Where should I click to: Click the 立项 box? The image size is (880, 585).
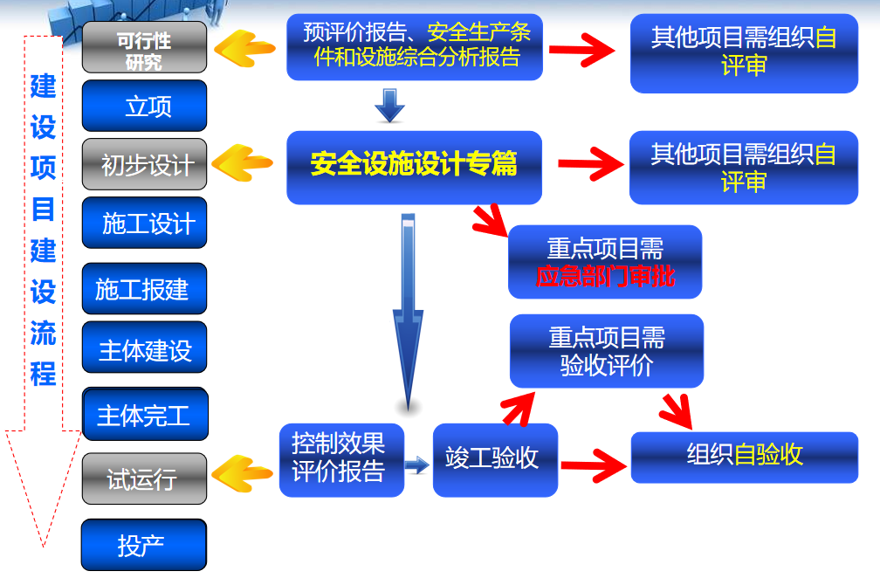pos(144,106)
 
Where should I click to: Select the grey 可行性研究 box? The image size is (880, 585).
pos(144,48)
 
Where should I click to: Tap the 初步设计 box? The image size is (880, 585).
pos(144,164)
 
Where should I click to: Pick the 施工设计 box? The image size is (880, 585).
pos(144,224)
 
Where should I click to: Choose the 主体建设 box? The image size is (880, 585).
pos(144,351)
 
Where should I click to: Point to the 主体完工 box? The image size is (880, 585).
pos(144,415)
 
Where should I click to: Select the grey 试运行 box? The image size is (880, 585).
pos(144,478)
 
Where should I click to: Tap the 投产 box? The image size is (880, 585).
pos(144,546)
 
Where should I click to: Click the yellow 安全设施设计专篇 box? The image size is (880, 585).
pos(414,166)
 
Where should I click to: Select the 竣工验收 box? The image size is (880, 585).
pos(495,459)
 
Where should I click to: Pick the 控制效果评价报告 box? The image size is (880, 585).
pos(341,459)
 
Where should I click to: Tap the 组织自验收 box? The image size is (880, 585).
pos(744,456)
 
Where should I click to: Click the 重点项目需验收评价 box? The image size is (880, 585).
pos(607,351)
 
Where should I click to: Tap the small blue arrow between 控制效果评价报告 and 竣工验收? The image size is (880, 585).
pos(418,466)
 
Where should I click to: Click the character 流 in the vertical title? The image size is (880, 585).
pos(43,333)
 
